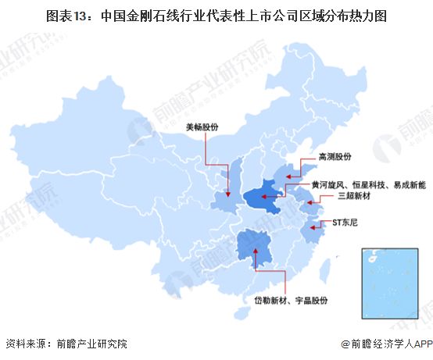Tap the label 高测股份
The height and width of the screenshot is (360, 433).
(x=335, y=155)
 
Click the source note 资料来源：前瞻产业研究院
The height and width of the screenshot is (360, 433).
(x=66, y=344)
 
